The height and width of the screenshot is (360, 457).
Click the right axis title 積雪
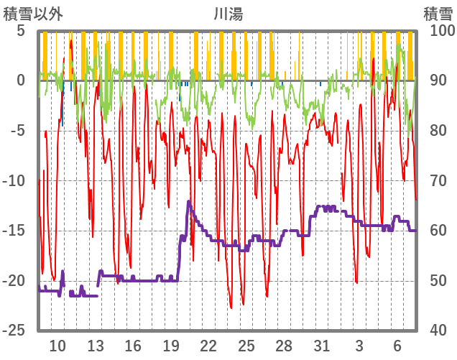(x=436, y=12)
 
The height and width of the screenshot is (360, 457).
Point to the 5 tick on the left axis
(x=20, y=31)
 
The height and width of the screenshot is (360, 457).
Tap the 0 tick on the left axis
(x=20, y=80)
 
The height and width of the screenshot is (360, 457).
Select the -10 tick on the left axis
(x=15, y=180)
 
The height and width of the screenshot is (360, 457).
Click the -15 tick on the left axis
(x=15, y=231)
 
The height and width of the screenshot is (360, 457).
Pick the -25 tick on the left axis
(x=15, y=331)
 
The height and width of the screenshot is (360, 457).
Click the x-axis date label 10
(x=57, y=345)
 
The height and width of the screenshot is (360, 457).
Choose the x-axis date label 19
(x=171, y=345)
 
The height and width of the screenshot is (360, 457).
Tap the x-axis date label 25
(x=246, y=345)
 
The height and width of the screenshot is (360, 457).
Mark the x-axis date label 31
(x=322, y=345)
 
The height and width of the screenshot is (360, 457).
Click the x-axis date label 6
(x=397, y=345)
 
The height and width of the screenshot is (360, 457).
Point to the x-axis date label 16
(x=133, y=345)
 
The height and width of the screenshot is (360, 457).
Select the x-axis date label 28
(x=284, y=345)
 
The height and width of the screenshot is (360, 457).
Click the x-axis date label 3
(x=359, y=345)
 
